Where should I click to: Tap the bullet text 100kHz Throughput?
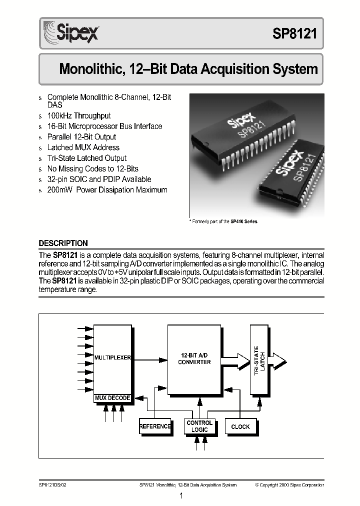pos(78,115)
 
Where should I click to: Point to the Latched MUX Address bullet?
pos(83,147)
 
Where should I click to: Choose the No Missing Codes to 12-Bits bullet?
pos(92,168)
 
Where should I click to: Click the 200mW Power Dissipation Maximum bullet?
pos(107,190)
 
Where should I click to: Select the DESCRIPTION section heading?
pos(63,243)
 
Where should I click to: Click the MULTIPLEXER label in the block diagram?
pos(112,358)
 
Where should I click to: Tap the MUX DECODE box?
pos(112,398)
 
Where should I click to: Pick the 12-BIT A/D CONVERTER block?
pos(194,358)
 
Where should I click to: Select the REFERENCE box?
pos(155,426)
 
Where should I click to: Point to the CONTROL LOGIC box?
pos(199,426)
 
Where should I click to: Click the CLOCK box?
pos(240,426)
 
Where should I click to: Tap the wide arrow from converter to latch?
pos(235,358)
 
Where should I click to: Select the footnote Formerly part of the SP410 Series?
pos(223,221)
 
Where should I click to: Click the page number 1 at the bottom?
pos(181,496)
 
